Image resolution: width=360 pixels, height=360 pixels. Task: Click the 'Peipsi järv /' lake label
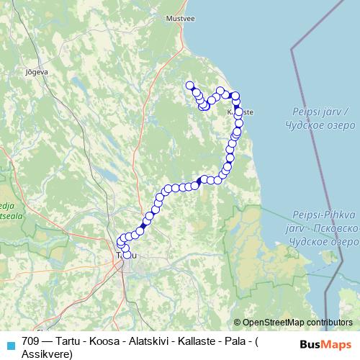pos(320,112)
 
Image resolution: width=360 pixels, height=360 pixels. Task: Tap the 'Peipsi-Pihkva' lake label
pos(320,215)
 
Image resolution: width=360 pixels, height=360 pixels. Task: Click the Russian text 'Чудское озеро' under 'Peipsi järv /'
pos(320,124)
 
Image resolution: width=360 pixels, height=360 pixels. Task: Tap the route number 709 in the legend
pos(30,341)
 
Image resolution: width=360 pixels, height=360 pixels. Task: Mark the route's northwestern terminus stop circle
pos(191,86)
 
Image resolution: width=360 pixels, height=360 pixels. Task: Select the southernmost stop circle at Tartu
pos(127,254)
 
